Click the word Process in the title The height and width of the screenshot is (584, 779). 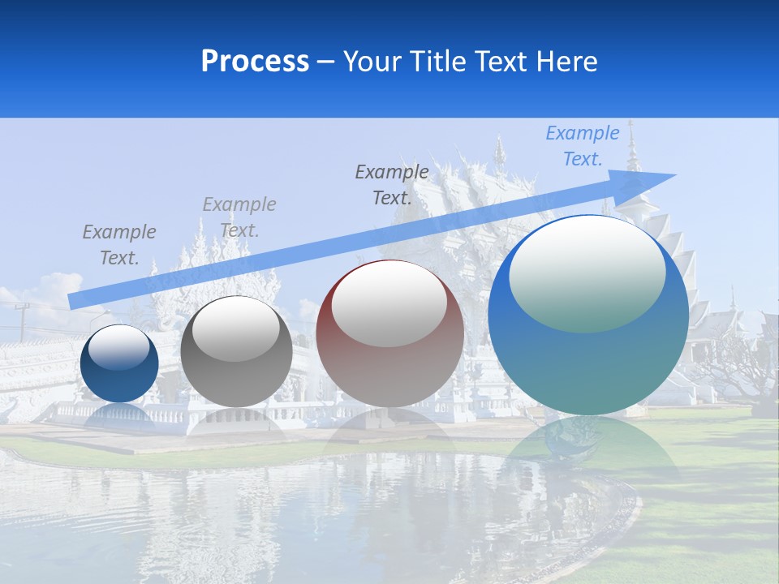[255, 61]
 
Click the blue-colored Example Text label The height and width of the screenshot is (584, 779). [582, 146]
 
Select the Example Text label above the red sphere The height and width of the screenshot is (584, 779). [391, 184]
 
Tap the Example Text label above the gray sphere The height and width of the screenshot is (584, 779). [239, 217]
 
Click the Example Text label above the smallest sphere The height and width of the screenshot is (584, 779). [118, 244]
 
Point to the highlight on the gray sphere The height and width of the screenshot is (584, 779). [235, 328]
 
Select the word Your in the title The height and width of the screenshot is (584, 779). [370, 62]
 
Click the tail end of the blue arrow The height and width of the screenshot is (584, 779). [75, 301]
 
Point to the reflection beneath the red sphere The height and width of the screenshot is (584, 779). [389, 434]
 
